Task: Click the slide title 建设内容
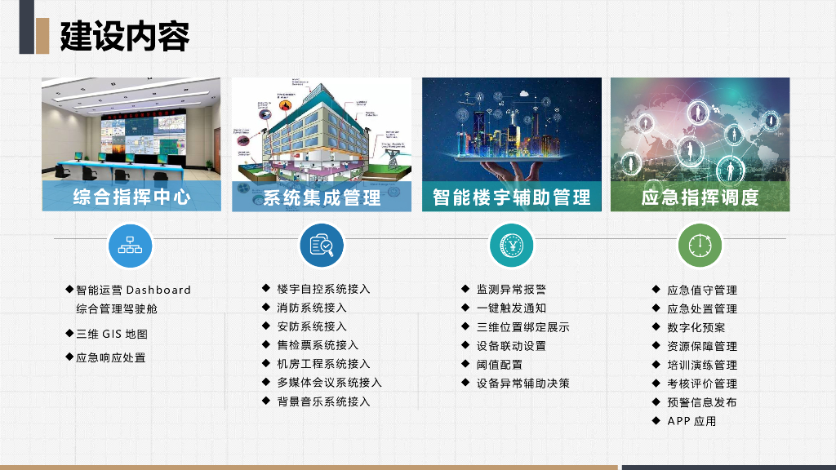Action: click(125, 36)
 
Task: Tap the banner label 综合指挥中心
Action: click(132, 197)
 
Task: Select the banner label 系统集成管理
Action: click(322, 197)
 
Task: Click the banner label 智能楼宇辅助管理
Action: click(512, 197)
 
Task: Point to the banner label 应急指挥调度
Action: click(700, 197)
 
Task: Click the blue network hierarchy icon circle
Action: click(131, 244)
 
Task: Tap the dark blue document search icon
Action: click(321, 245)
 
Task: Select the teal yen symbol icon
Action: click(510, 245)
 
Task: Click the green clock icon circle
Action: click(700, 245)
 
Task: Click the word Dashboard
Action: click(158, 290)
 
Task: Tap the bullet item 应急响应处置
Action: click(111, 357)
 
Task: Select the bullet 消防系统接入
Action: click(312, 308)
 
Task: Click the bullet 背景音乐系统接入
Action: click(323, 401)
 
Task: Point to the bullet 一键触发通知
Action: click(511, 308)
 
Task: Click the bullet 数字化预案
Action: click(696, 327)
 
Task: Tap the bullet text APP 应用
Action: click(691, 421)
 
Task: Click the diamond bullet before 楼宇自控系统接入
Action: click(266, 288)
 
